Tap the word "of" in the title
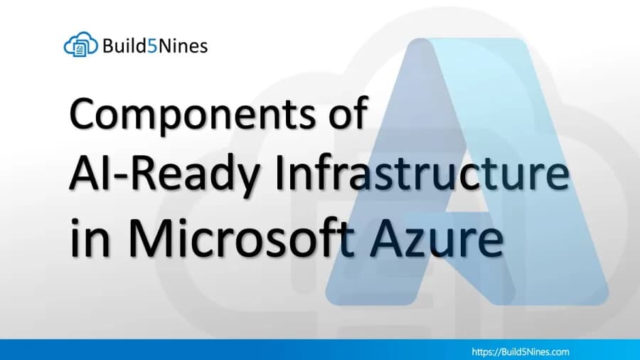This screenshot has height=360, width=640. point(346,114)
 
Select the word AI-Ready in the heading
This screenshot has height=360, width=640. point(164,176)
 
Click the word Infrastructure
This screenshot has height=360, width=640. point(420,176)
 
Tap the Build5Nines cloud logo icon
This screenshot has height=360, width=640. point(81,46)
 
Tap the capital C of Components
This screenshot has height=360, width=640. point(86,115)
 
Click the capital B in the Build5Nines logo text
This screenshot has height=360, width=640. point(107,46)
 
